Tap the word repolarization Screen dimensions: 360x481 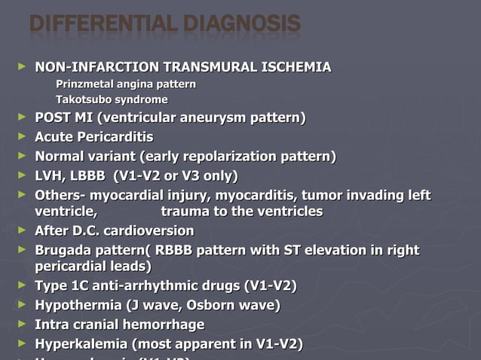coord(228,157)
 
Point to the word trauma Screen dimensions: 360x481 coord(182,212)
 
